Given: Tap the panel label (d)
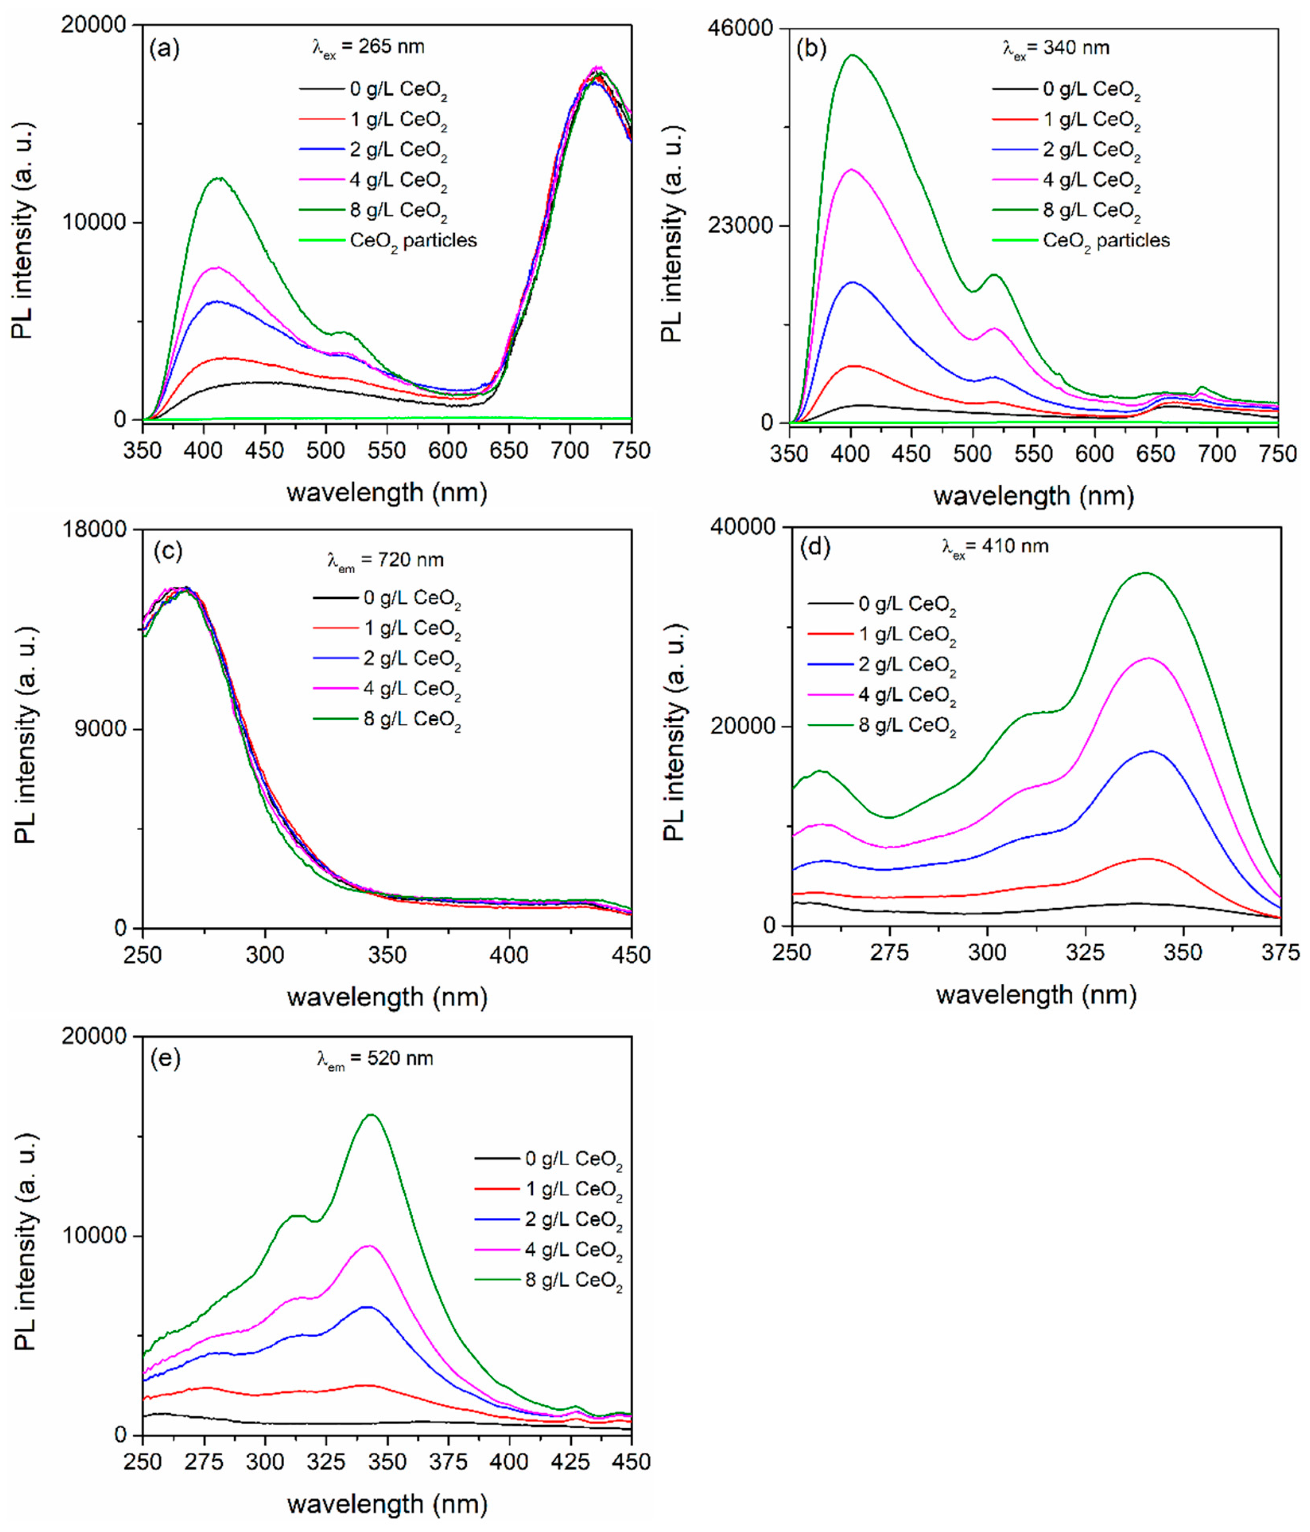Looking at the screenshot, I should pos(815,548).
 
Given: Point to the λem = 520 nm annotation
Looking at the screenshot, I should pos(375,1059).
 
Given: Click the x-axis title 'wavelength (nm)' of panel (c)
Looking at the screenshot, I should pos(387,997).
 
